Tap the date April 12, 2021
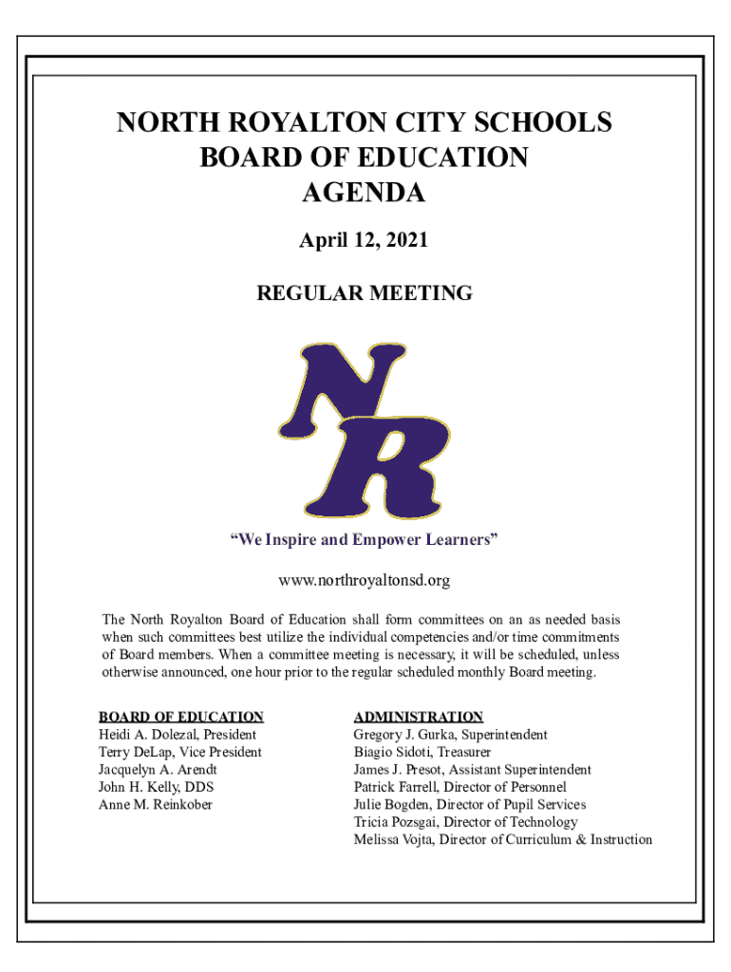(364, 241)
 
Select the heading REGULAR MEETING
(365, 293)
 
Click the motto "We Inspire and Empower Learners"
(364, 541)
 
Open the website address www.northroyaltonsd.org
(364, 580)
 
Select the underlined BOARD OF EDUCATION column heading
(181, 717)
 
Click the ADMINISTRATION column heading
(419, 717)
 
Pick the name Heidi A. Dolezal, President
(178, 735)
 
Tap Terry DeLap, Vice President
(180, 752)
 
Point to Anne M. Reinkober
(156, 805)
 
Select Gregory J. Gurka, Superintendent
(451, 735)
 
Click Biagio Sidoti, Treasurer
(422, 752)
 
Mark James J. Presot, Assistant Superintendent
(473, 770)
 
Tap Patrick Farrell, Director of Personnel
(460, 787)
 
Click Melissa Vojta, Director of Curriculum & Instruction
(503, 839)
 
